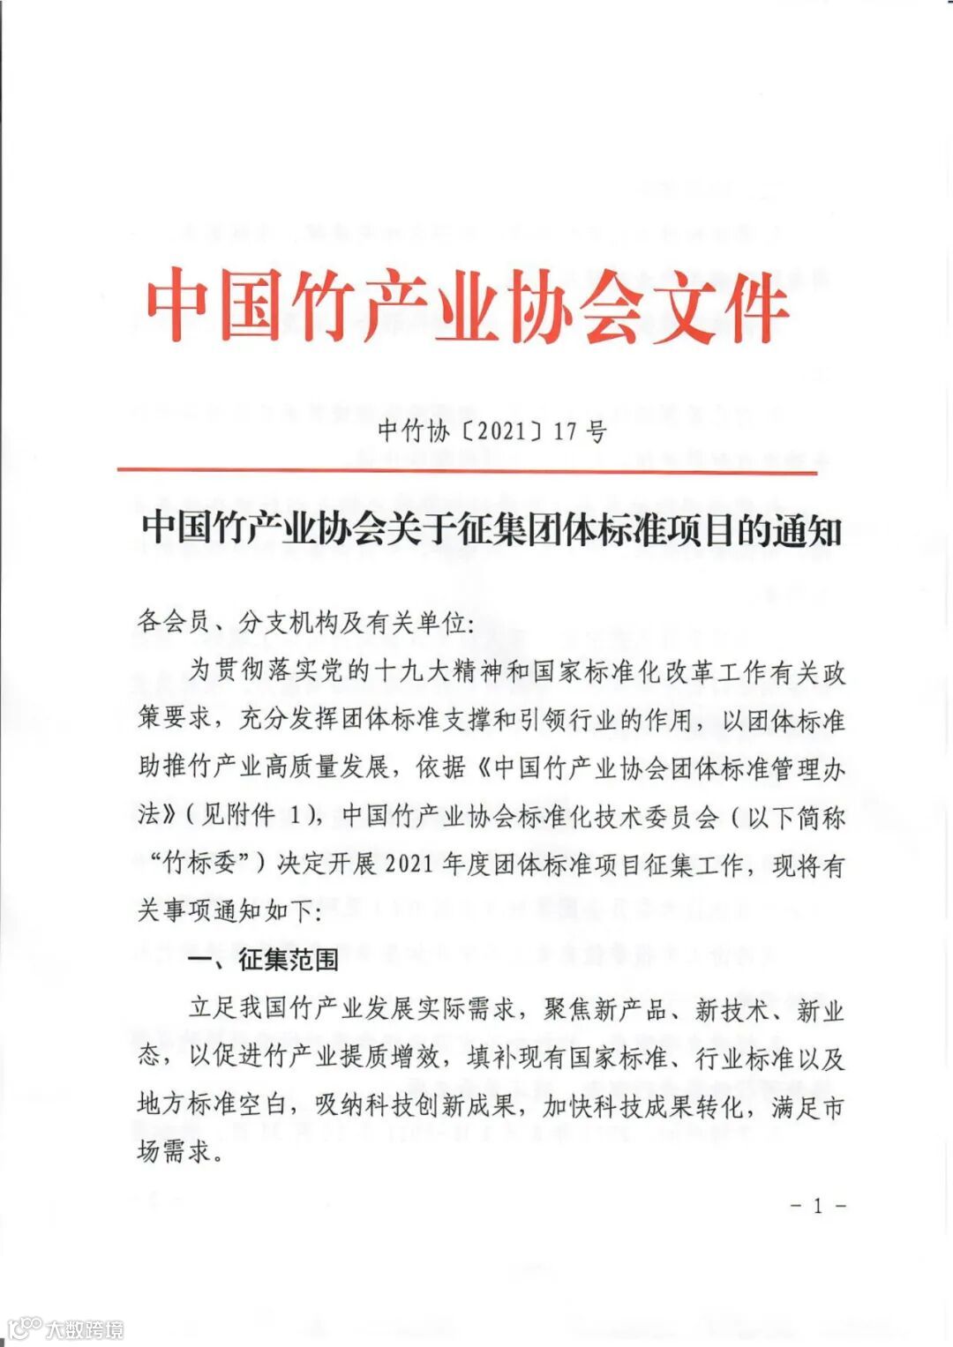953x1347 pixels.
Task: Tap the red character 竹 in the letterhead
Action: (x=326, y=306)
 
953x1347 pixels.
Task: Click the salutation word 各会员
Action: (x=173, y=623)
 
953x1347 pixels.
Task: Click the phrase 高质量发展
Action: (x=338, y=767)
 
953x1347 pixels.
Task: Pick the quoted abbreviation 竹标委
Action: (x=200, y=864)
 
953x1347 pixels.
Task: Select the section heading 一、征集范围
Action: (x=264, y=959)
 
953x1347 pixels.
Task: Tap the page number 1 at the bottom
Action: (x=818, y=1205)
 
